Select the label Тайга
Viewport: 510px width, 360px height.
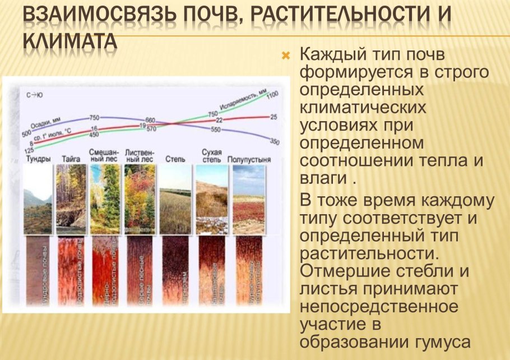point(71,159)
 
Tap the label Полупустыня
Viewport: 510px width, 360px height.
point(249,159)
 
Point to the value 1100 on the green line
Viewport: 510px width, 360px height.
point(273,96)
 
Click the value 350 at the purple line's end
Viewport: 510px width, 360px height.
point(274,141)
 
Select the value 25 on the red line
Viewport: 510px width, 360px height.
point(273,117)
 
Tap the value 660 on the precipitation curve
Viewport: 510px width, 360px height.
point(150,120)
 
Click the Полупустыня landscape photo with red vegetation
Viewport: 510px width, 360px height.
point(249,199)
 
